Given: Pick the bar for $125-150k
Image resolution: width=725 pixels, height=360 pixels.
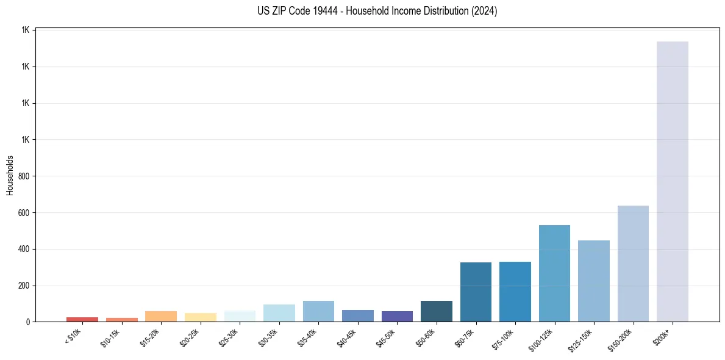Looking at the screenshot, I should click(x=593, y=281).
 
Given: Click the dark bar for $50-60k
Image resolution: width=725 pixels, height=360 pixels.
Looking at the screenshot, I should click(x=436, y=311).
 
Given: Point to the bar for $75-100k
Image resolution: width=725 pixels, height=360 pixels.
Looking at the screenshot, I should click(x=515, y=292).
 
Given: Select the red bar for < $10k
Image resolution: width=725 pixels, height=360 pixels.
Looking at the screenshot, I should click(x=82, y=319).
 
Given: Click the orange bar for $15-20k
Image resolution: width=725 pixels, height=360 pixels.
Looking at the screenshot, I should click(x=161, y=316).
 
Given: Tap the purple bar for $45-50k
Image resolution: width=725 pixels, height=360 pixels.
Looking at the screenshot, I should click(x=397, y=316).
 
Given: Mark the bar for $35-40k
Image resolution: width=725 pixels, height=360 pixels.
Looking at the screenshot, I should click(x=318, y=311).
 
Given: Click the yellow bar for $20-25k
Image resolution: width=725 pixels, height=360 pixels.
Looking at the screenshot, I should click(x=200, y=317).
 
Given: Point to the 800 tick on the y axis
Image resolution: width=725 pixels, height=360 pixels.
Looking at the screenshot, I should click(x=24, y=176).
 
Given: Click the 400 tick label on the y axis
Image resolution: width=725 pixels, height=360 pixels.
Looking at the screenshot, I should click(x=24, y=249).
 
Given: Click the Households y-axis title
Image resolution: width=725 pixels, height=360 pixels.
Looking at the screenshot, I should click(x=10, y=175).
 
